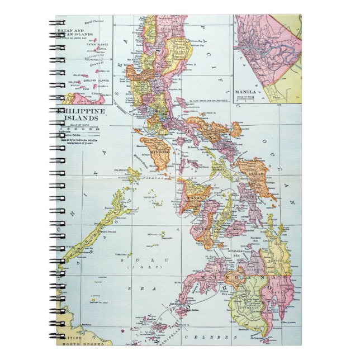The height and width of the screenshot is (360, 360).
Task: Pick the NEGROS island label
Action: [x=201, y=229]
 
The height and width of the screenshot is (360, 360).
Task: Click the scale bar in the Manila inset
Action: [x=248, y=100]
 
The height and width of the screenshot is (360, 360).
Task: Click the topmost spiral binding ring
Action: [x=59, y=23]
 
